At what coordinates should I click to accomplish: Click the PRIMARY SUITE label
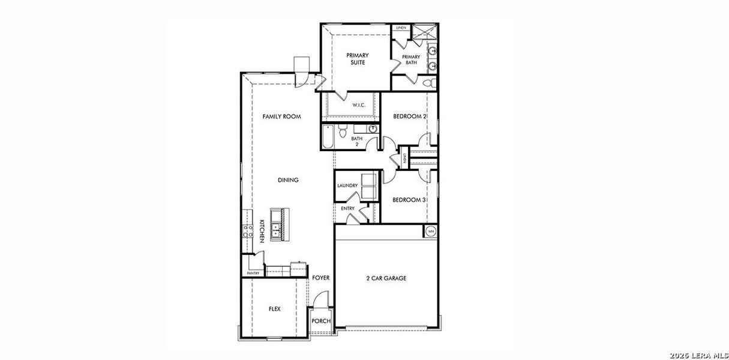[x=356, y=59]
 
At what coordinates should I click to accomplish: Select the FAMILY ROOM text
[x=281, y=116]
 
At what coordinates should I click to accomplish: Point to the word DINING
[x=288, y=180]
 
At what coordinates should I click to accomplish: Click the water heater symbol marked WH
[x=430, y=231]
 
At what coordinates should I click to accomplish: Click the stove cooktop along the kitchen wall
[x=247, y=230]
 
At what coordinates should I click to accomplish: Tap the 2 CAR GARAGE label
[x=386, y=278]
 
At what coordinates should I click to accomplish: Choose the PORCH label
[x=321, y=321]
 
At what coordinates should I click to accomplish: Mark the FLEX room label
[x=274, y=309]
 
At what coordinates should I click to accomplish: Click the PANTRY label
[x=253, y=274]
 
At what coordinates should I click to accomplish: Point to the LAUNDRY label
[x=347, y=186]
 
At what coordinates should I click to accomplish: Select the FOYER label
[x=321, y=278]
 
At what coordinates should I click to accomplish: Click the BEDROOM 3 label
[x=409, y=200]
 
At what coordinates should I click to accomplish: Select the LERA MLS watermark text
[x=700, y=354]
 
